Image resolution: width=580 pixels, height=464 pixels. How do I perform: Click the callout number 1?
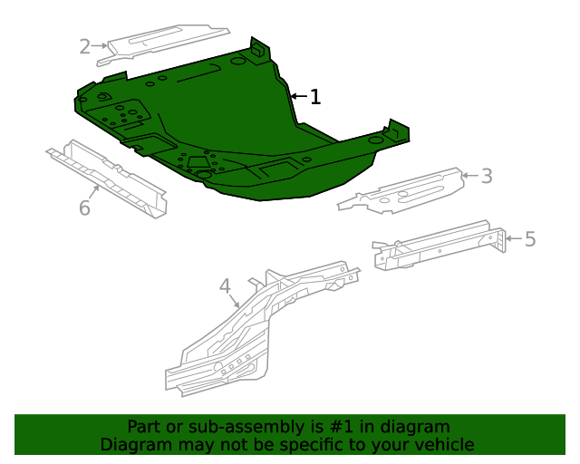[x=314, y=97]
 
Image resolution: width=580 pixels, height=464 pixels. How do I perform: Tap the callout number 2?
[x=85, y=46]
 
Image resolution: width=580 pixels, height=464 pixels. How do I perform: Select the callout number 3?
[x=487, y=176]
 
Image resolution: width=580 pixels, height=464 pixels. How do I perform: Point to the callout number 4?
[x=226, y=286]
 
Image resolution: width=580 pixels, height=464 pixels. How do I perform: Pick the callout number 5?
[x=530, y=239]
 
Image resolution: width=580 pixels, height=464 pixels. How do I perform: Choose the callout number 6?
[x=84, y=208]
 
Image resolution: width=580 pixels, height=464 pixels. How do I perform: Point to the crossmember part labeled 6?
[x=109, y=177]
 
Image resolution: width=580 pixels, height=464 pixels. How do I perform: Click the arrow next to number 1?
[x=297, y=95]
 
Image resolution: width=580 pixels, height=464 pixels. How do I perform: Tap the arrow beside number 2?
[x=101, y=46]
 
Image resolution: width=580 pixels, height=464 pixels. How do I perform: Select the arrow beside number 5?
[x=514, y=238]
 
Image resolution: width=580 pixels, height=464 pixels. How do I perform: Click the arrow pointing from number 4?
[x=235, y=300]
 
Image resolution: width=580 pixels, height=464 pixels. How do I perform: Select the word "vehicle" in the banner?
[x=443, y=444]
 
